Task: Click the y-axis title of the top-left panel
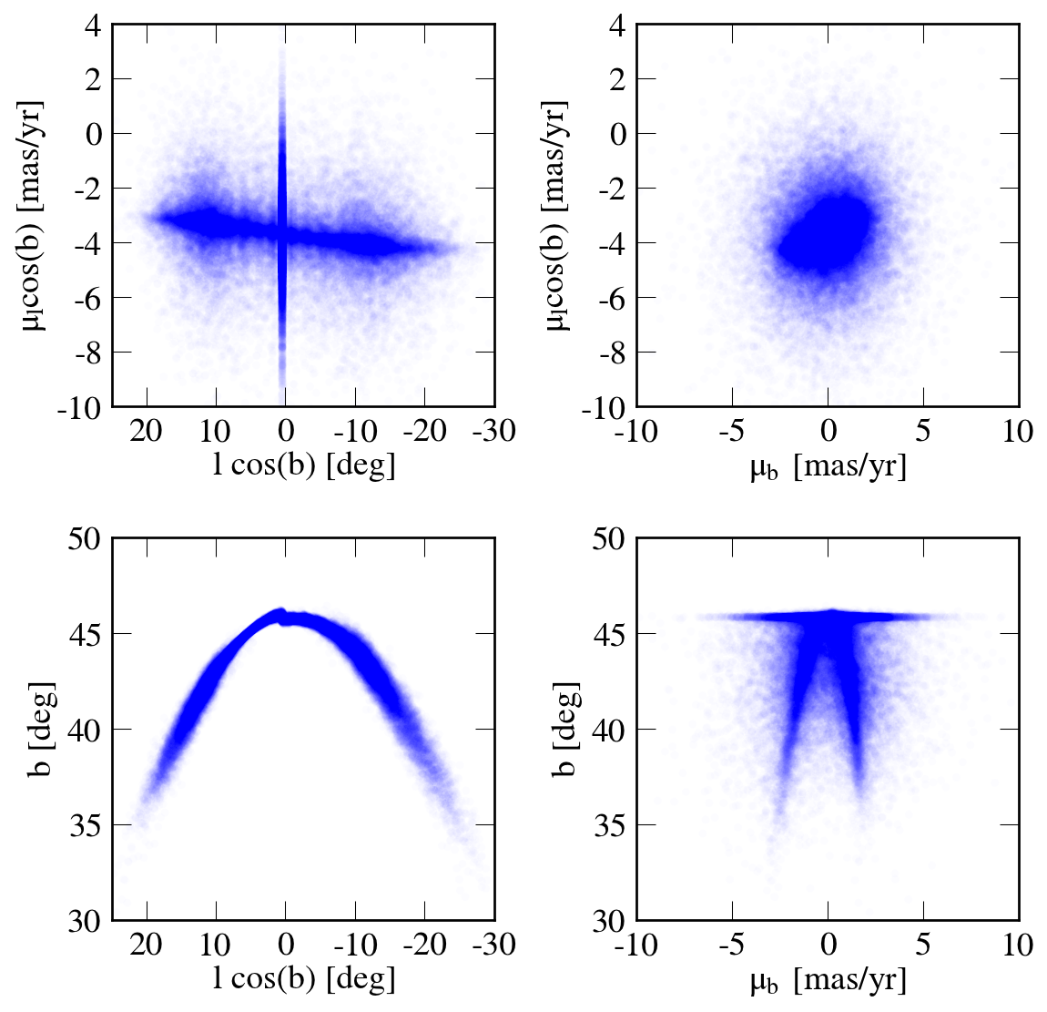tap(35, 216)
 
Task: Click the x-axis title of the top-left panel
tap(303, 465)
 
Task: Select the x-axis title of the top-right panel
tap(828, 467)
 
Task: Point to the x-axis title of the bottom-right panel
tap(828, 981)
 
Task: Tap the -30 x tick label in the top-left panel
tap(493, 430)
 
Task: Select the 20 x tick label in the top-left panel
tap(147, 430)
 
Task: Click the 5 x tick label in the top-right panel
tap(923, 430)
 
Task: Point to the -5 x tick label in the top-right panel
tap(731, 430)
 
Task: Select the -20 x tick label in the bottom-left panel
tap(423, 944)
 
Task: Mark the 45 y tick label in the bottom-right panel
tap(611, 634)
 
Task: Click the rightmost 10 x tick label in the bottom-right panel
tap(1016, 944)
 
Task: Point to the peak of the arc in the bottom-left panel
tap(281, 612)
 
